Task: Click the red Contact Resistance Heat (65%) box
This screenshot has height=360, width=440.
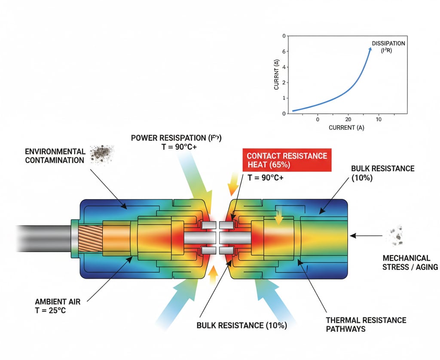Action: [x=287, y=160]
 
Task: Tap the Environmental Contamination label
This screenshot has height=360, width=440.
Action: [x=55, y=156]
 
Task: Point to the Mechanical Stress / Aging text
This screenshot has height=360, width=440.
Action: [x=410, y=262]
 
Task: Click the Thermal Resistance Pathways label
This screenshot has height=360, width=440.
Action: [x=366, y=324]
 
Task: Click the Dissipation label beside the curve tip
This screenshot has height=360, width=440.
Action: [x=388, y=46]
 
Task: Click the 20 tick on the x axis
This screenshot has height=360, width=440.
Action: [x=348, y=119]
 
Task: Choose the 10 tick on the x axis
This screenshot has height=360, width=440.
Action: [x=379, y=119]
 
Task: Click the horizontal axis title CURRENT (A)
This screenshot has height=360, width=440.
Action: [x=346, y=128]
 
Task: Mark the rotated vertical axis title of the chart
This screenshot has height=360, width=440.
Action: [x=277, y=75]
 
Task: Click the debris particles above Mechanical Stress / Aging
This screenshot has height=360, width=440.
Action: [x=397, y=236]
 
